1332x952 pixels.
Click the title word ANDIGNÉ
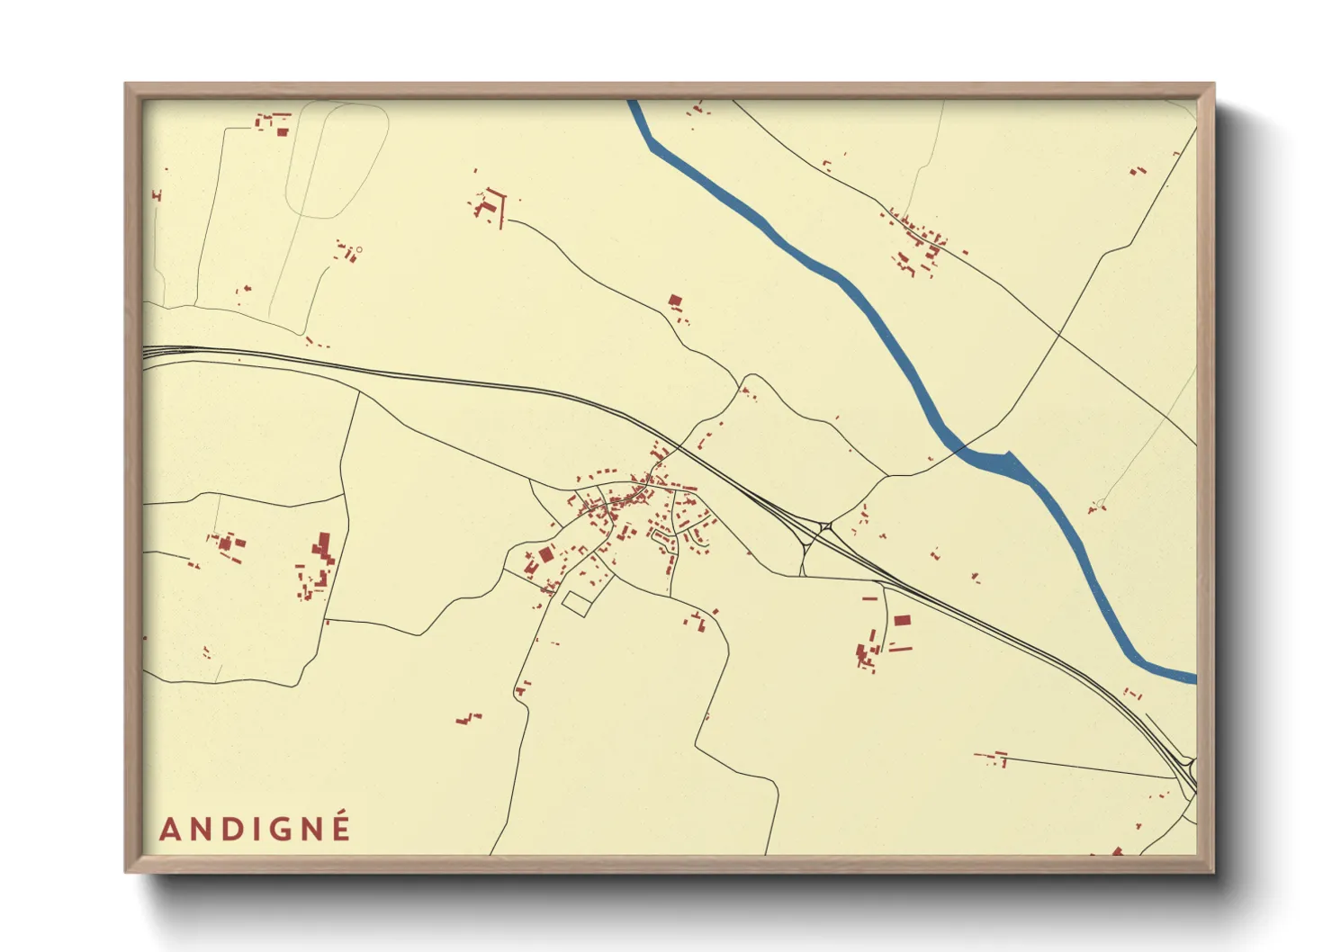pyautogui.click(x=255, y=828)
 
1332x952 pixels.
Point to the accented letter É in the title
pyautogui.click(x=340, y=827)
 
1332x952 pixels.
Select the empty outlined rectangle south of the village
pyautogui.click(x=576, y=603)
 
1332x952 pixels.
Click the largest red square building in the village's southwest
pyautogui.click(x=545, y=554)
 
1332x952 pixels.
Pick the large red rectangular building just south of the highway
pyautogui.click(x=902, y=620)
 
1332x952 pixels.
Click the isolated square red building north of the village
pyautogui.click(x=675, y=301)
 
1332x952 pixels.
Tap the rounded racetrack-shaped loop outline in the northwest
pyautogui.click(x=337, y=160)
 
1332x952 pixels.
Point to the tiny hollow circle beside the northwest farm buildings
pyautogui.click(x=358, y=249)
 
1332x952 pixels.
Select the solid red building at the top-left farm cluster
pyautogui.click(x=282, y=132)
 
